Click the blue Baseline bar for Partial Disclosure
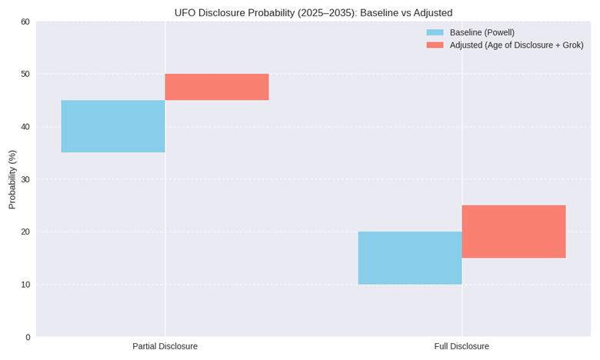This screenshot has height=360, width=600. pos(113,126)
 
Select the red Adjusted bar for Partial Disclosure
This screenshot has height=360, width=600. pos(217,87)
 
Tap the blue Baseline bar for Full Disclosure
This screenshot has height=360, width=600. pos(410,258)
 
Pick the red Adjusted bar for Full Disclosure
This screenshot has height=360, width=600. pos(514,232)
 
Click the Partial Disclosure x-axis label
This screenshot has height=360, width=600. pos(165,346)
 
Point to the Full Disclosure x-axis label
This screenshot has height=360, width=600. pos(462,346)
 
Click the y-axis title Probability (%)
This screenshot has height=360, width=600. pos(12,179)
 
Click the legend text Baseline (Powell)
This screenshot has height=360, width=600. pos(482,32)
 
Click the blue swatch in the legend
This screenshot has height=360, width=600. pos(435,32)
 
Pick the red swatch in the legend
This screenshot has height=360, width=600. pos(435,45)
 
